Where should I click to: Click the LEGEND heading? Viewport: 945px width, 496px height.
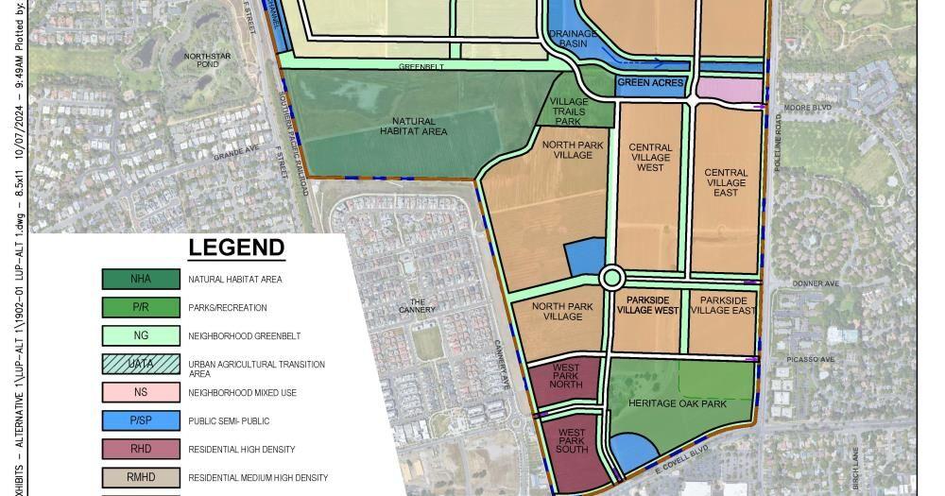(x=236, y=248)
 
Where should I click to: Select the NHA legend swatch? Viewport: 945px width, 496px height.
(x=141, y=279)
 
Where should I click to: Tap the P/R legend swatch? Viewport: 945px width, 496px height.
(x=141, y=307)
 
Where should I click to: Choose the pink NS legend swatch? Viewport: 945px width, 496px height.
(x=141, y=392)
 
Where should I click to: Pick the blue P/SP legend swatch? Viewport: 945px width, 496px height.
(x=141, y=420)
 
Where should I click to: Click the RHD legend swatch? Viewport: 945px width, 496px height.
(x=141, y=449)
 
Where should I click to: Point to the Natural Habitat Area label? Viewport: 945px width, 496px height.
(x=414, y=127)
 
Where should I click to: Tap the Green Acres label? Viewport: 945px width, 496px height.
(x=650, y=83)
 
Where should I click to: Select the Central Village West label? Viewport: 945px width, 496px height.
(x=650, y=158)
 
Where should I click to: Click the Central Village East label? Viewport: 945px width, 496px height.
(x=726, y=182)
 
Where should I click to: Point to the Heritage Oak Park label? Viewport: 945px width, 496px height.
(x=678, y=403)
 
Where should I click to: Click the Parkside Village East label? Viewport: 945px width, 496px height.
(x=722, y=305)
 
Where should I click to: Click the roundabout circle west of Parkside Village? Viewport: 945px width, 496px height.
(x=611, y=278)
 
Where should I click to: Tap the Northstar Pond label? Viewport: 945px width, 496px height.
(x=200, y=60)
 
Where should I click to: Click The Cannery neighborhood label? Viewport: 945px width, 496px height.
(x=422, y=305)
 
